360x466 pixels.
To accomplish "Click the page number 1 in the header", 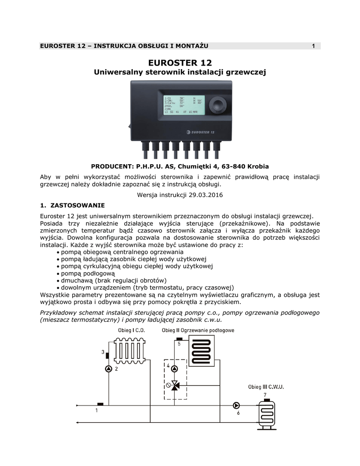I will tap(313, 46).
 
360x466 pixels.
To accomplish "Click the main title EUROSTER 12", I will tap(180, 62).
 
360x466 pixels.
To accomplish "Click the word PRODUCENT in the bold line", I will tap(111, 167).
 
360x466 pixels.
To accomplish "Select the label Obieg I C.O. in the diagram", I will tap(131, 330).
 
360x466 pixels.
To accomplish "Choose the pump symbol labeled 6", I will tap(236, 405).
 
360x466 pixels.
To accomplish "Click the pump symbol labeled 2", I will tap(108, 369).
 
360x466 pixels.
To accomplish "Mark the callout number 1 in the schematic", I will tap(96, 410).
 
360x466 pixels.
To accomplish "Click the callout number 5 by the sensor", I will tap(179, 344).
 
